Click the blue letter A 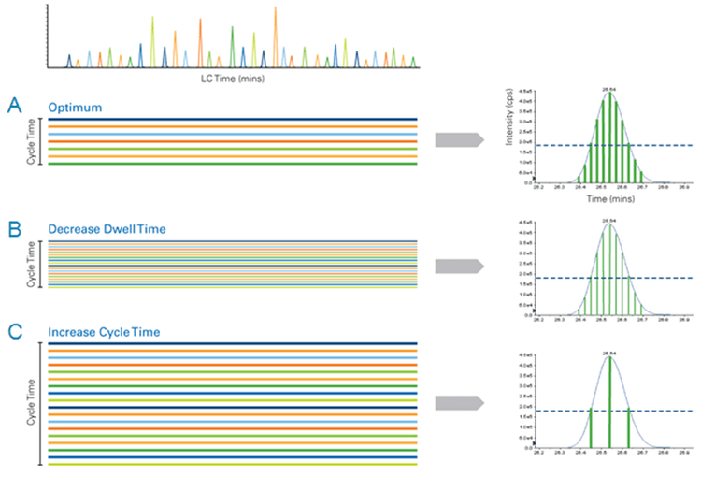tap(15, 106)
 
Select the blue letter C tap(15, 330)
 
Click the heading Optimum tap(72, 108)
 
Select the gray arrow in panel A tap(459, 140)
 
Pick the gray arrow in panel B tap(459, 266)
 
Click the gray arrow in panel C tap(459, 403)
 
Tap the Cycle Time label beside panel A tap(30, 141)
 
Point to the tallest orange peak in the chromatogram tap(275, 37)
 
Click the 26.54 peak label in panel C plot tap(609, 353)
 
